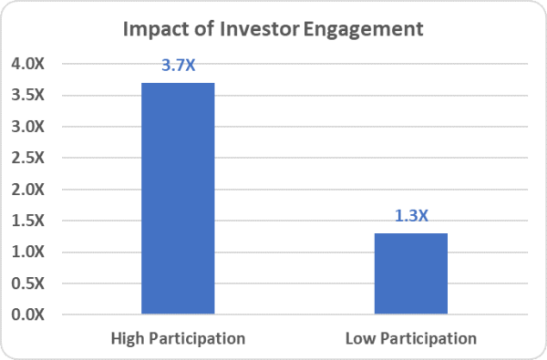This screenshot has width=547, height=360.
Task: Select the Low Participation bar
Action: coord(410,273)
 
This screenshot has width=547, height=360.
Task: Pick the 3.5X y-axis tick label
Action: coord(32,95)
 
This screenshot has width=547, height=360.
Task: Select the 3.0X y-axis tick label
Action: coord(32,127)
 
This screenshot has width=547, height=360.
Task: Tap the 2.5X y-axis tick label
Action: coord(32,158)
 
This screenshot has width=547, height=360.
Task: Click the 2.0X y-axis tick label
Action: coord(32,190)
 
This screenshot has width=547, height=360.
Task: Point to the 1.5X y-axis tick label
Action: coord(32,221)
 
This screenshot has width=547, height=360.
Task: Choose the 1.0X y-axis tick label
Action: coord(32,252)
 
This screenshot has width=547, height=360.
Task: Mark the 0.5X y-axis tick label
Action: coord(32,283)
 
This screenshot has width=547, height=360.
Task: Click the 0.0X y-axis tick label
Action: coord(32,315)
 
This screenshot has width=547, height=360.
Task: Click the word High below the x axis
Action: coord(127,339)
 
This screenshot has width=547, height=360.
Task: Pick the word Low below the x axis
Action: coord(359,338)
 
